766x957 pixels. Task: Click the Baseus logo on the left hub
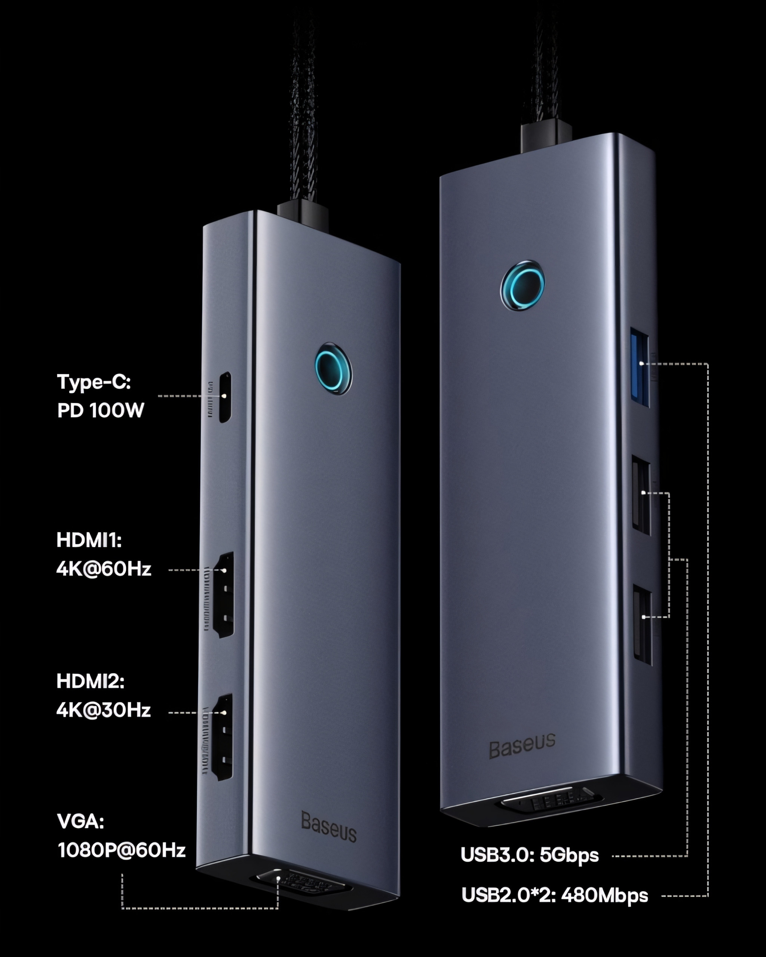[x=329, y=827]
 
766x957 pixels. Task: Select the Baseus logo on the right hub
[x=522, y=745]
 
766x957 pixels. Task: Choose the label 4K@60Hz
[x=104, y=569]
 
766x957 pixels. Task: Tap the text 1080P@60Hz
[x=122, y=850]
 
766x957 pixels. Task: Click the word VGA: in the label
[x=80, y=822]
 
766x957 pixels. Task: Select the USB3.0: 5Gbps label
[x=529, y=855]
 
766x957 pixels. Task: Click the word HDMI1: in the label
[x=89, y=540]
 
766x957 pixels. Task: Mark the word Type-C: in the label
[x=94, y=382]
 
